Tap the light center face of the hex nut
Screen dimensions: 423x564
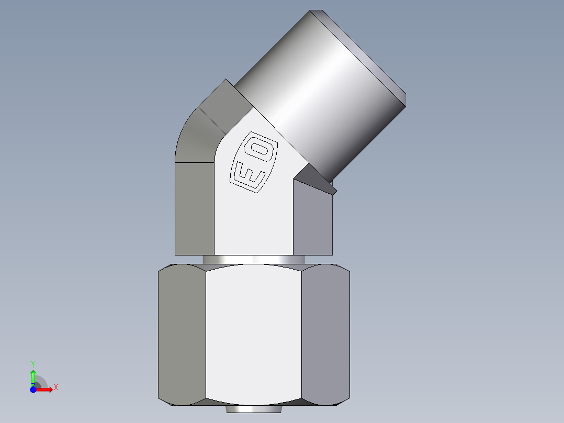254,335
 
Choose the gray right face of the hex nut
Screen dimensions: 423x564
325,335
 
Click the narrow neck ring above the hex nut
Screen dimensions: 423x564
254,260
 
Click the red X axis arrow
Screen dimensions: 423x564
46,389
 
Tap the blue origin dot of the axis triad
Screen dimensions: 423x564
33,389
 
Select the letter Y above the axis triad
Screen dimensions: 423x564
33,363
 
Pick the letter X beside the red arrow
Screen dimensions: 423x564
55,387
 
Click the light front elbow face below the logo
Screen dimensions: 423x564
254,225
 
